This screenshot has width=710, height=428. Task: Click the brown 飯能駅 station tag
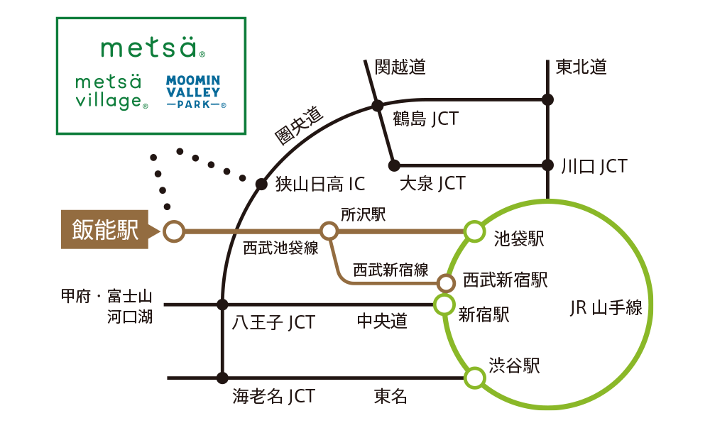click(105, 231)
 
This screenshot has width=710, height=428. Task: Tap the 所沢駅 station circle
click(329, 231)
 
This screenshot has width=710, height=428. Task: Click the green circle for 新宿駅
click(444, 305)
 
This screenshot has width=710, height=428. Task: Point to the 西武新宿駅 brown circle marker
click(446, 283)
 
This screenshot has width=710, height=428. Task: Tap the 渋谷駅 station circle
click(474, 378)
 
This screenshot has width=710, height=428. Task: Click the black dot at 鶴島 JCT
click(378, 106)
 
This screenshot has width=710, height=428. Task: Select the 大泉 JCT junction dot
click(394, 165)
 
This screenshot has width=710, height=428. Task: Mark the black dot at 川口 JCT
click(547, 165)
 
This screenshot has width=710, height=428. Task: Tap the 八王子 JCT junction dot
click(222, 305)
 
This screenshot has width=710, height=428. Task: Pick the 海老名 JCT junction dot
click(222, 378)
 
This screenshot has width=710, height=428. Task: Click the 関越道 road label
click(400, 67)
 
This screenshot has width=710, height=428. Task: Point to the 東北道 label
click(581, 67)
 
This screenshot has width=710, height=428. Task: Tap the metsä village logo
click(111, 92)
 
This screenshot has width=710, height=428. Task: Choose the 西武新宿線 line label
click(391, 270)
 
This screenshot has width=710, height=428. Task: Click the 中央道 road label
click(382, 322)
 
